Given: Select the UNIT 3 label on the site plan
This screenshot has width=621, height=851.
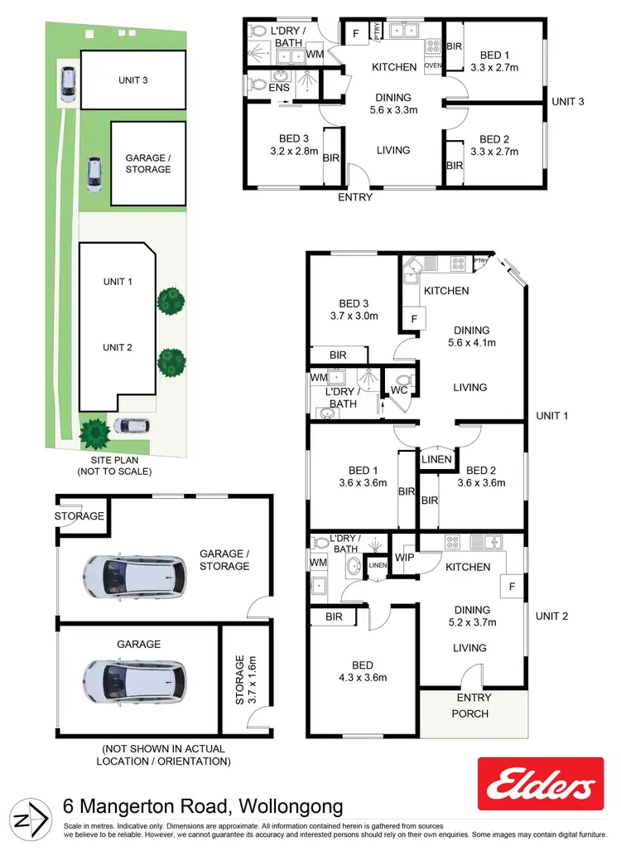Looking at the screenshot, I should click(x=133, y=80).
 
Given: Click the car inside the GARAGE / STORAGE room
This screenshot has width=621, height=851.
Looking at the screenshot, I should click(x=133, y=573).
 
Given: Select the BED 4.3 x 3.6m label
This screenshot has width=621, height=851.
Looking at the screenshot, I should click(x=362, y=671).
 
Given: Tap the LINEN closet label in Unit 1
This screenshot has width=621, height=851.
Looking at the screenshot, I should click(x=436, y=460).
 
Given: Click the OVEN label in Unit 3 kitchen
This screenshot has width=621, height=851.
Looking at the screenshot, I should click(x=432, y=65).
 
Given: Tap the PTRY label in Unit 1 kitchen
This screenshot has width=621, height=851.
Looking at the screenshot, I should click(x=481, y=262).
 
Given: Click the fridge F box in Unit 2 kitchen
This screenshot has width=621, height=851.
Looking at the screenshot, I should click(x=512, y=587).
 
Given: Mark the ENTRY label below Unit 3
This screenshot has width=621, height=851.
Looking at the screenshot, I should click(x=355, y=197).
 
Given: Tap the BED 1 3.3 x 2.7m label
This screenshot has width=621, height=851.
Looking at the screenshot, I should click(x=493, y=61).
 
